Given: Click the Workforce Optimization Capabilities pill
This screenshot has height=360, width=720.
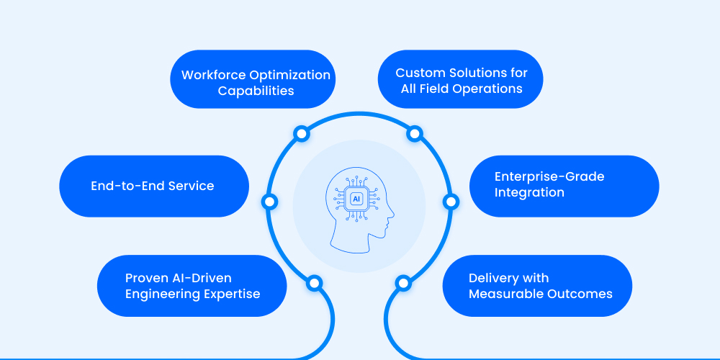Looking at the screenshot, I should [x=256, y=83].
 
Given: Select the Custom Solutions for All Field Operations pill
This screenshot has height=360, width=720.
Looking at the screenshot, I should [x=461, y=81].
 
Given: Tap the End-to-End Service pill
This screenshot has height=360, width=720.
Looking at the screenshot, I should [x=153, y=186].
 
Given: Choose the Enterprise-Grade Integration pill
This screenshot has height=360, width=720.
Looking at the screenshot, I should [x=564, y=185].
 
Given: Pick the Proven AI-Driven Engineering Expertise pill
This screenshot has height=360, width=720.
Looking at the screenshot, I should [x=192, y=286].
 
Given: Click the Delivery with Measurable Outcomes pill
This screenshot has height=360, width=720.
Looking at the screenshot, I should [x=537, y=286].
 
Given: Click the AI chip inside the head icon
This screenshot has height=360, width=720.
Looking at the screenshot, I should [x=356, y=199].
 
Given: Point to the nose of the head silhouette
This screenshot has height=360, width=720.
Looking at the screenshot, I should [x=392, y=214].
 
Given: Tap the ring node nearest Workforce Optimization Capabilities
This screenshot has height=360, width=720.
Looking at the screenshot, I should [x=302, y=134].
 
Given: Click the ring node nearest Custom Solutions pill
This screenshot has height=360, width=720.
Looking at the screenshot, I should [x=414, y=134].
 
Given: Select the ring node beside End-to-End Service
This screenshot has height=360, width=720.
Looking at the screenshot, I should [x=270, y=202].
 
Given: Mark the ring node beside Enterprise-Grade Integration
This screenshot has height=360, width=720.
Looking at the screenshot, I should [x=450, y=202].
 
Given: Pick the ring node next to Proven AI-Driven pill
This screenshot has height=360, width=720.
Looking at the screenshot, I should [x=314, y=283].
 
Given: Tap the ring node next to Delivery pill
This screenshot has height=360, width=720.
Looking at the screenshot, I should [x=403, y=283].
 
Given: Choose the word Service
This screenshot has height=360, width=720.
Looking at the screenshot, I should [x=191, y=186].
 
